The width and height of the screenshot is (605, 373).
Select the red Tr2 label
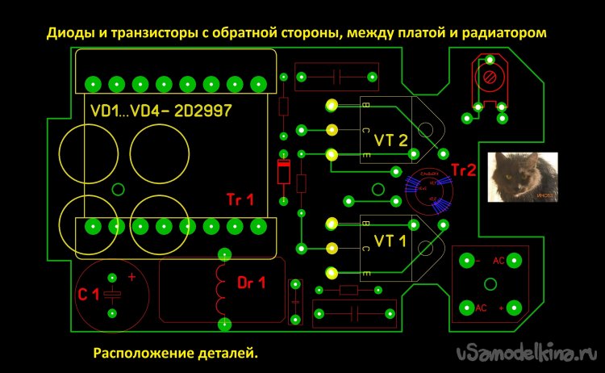[x=465, y=170]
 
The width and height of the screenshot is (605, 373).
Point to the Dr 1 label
[x=254, y=283]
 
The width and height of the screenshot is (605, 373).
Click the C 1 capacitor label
[x=89, y=295]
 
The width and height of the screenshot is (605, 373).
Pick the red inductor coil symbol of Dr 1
[x=222, y=288]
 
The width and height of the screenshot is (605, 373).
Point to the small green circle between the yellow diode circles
[x=118, y=191]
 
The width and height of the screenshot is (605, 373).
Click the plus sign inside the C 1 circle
[x=131, y=277]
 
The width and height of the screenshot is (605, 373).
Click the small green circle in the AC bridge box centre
[x=490, y=283]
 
